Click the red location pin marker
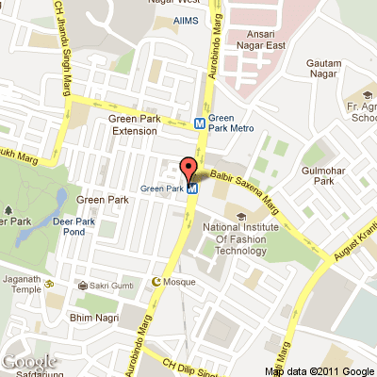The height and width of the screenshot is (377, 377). point(188,171)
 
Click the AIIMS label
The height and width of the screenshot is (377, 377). point(186,21)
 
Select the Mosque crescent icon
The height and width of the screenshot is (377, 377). point(157,281)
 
